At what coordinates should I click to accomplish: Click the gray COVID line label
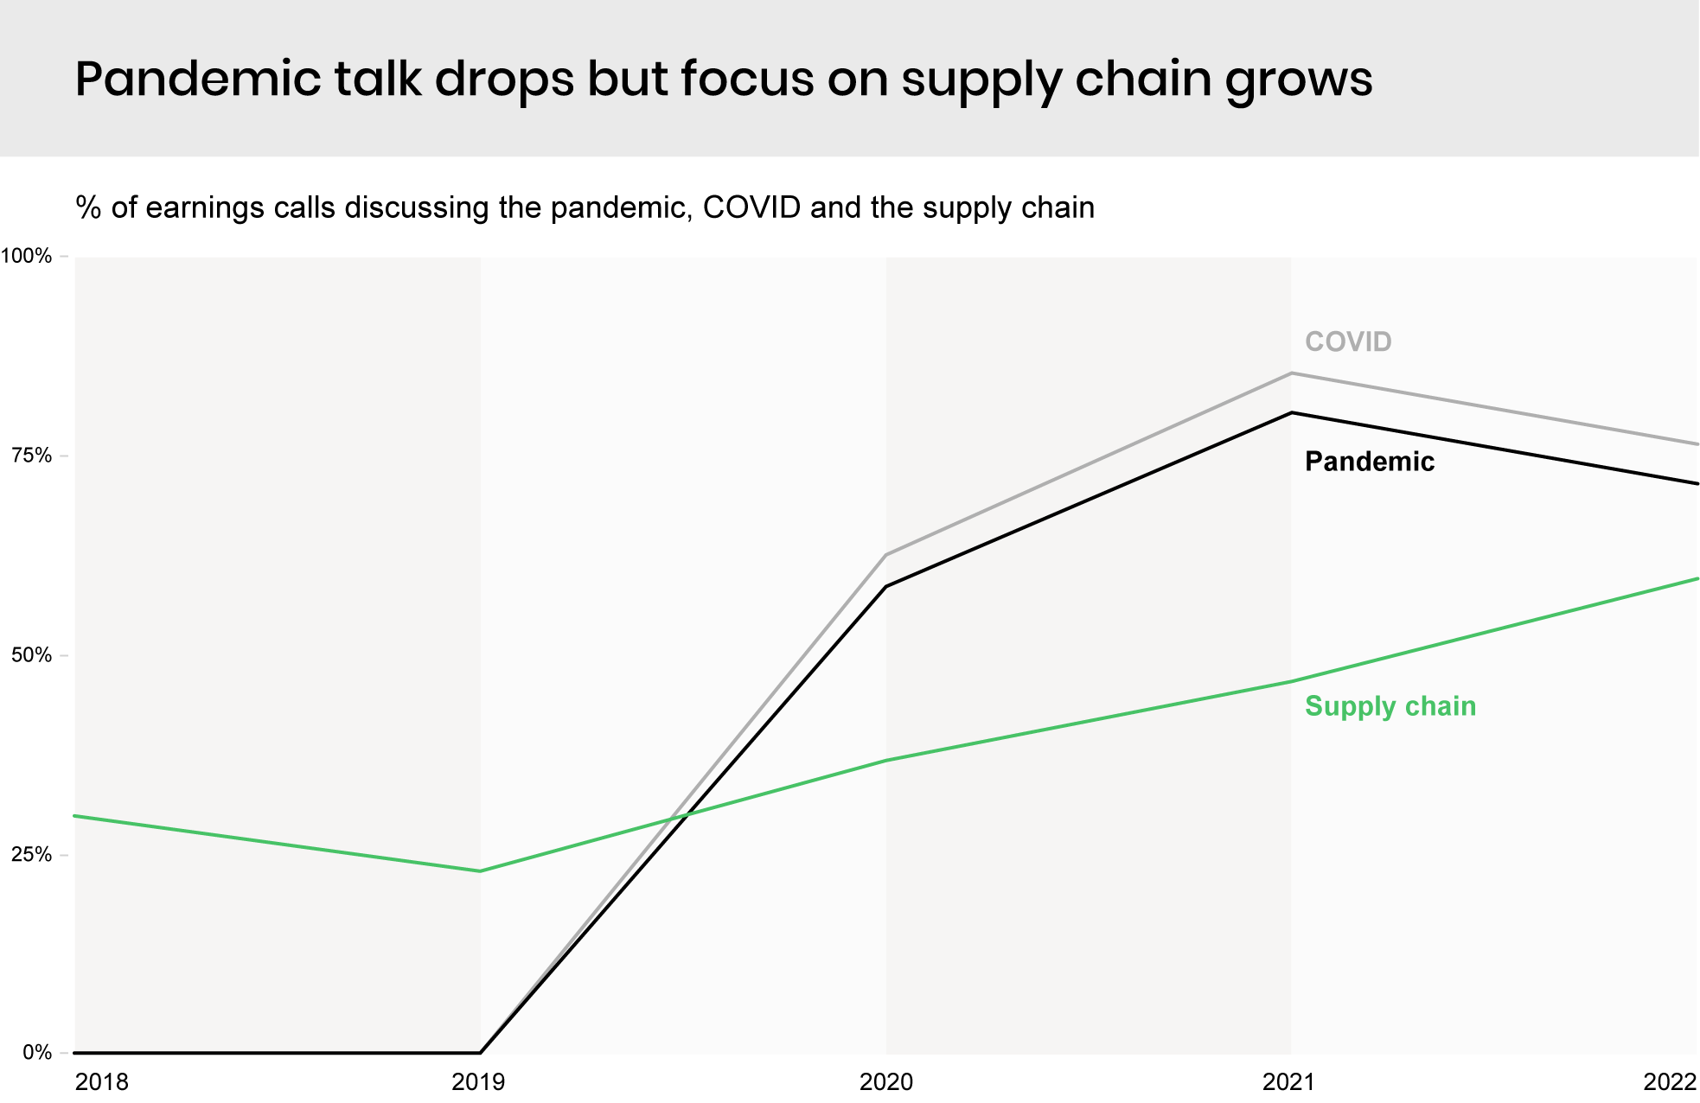(1347, 342)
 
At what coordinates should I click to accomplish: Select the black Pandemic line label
(1369, 462)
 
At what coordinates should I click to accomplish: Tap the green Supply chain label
(1390, 706)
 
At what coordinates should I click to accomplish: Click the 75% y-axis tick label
(31, 456)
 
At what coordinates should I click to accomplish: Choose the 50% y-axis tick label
(31, 655)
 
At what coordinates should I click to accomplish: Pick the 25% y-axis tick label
(31, 855)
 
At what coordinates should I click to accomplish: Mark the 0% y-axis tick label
(36, 1053)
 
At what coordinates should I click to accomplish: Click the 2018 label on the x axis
(101, 1082)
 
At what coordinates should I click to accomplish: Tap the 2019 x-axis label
(479, 1082)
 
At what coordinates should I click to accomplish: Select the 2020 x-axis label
(885, 1082)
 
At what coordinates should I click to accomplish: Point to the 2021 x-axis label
(1289, 1082)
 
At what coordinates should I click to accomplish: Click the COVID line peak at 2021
(1291, 373)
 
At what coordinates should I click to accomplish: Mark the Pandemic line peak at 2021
(1291, 412)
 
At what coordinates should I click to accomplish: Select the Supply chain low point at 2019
(480, 870)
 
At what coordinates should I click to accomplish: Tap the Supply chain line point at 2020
(886, 760)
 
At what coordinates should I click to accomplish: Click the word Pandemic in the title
(198, 80)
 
